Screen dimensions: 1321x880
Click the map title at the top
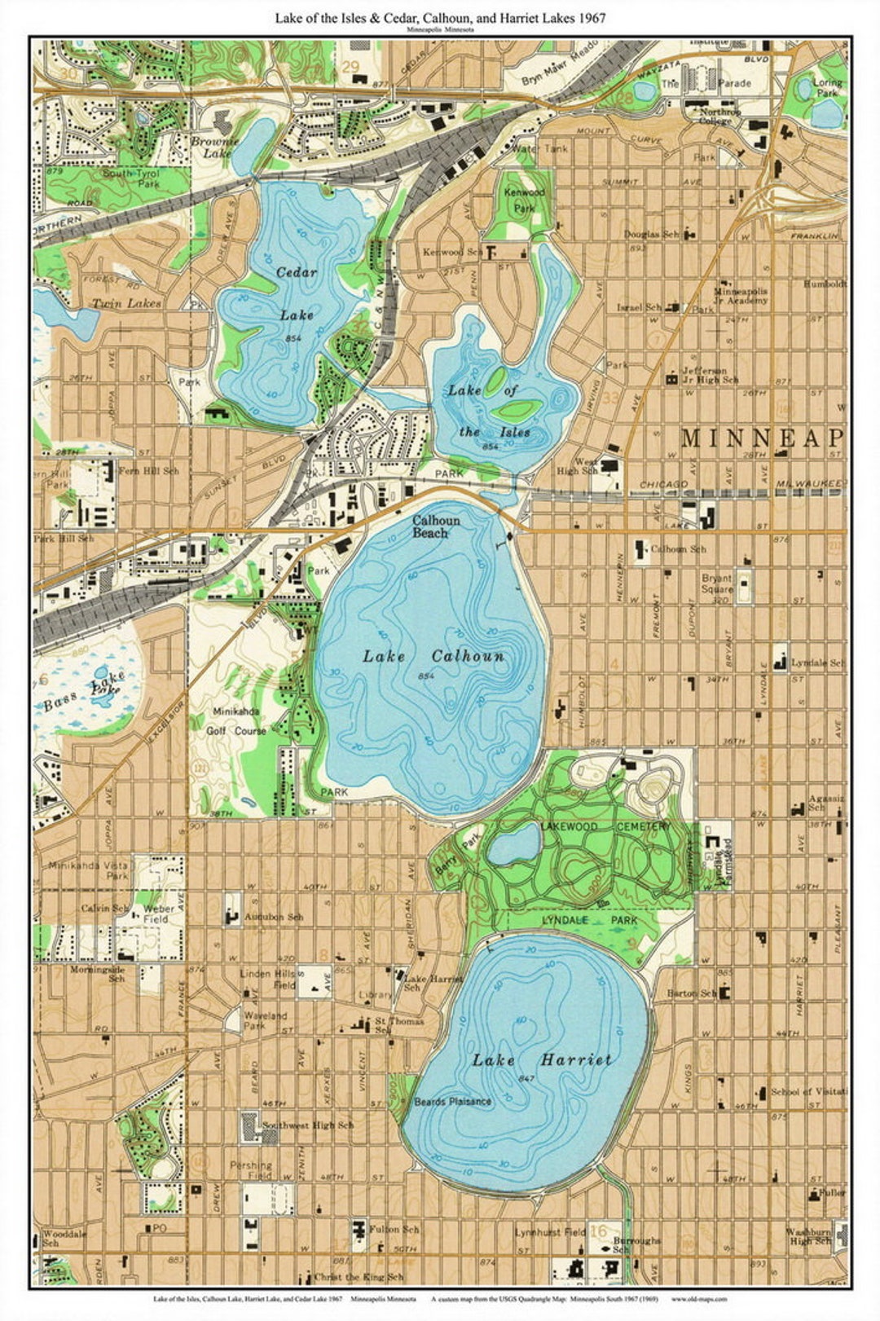tap(440, 18)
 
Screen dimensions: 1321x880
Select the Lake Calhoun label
tap(433, 656)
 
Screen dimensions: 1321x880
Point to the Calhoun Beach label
tap(435, 526)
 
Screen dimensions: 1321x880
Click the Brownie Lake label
tap(213, 147)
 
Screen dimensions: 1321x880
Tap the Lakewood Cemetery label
tap(605, 826)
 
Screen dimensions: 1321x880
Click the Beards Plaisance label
tap(452, 1102)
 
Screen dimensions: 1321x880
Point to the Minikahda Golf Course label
tap(239, 721)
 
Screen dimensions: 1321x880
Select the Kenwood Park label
tap(524, 200)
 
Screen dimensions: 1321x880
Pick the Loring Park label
tap(827, 88)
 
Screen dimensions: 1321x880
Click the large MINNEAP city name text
tap(761, 438)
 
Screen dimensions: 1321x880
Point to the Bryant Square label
tap(717, 583)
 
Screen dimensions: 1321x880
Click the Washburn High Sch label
tap(808, 1237)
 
